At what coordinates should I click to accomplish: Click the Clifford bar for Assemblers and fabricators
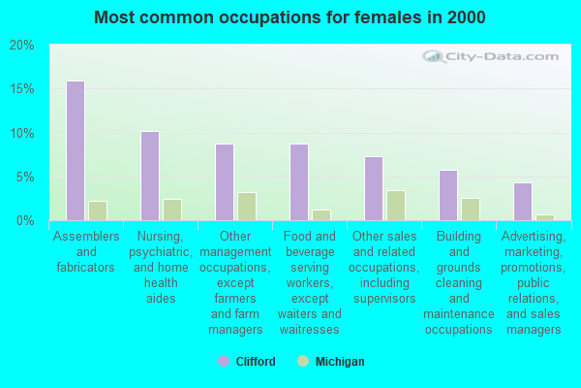pyautogui.click(x=76, y=150)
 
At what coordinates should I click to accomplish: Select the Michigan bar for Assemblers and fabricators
pyautogui.click(x=98, y=210)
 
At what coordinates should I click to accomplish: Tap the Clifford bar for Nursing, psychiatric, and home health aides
pyautogui.click(x=150, y=176)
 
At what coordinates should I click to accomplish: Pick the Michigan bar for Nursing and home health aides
pyautogui.click(x=172, y=210)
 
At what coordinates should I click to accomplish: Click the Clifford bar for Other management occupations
pyautogui.click(x=225, y=182)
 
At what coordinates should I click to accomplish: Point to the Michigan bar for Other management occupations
pyautogui.click(x=247, y=207)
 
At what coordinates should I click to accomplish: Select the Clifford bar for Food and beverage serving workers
pyautogui.click(x=299, y=182)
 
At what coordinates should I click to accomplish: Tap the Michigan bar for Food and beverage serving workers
pyautogui.click(x=321, y=215)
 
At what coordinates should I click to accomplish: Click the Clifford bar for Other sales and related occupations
pyautogui.click(x=374, y=188)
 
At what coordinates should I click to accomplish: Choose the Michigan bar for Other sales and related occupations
pyautogui.click(x=396, y=206)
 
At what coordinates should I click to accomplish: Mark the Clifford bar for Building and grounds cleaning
pyautogui.click(x=448, y=195)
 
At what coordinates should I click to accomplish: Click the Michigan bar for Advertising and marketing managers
pyautogui.click(x=545, y=217)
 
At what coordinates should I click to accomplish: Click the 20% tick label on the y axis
pyautogui.click(x=22, y=46)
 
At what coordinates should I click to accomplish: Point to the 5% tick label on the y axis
pyautogui.click(x=25, y=178)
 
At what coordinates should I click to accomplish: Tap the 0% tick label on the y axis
pyautogui.click(x=25, y=221)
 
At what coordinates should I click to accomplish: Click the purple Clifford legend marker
pyautogui.click(x=224, y=361)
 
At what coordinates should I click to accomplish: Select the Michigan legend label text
pyautogui.click(x=340, y=362)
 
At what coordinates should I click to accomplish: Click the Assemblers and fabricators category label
pyautogui.click(x=86, y=251)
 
